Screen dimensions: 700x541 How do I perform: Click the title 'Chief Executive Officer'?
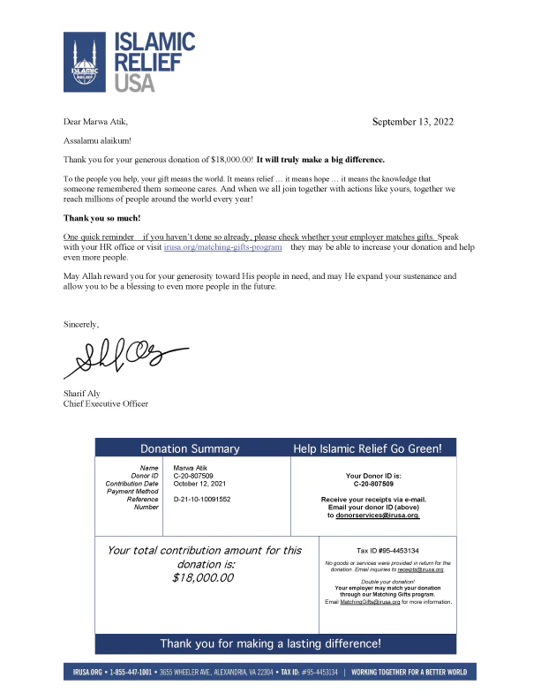[x=106, y=403]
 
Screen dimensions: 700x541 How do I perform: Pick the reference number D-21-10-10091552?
[x=202, y=500]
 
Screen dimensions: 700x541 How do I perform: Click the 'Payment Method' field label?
[x=131, y=492]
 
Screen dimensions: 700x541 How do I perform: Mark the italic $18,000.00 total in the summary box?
[x=204, y=577]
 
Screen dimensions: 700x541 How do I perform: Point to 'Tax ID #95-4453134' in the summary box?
[x=387, y=550]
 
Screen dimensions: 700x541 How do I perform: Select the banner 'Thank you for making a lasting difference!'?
[x=270, y=644]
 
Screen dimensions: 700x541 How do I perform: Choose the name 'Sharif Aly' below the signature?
[x=83, y=393]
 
